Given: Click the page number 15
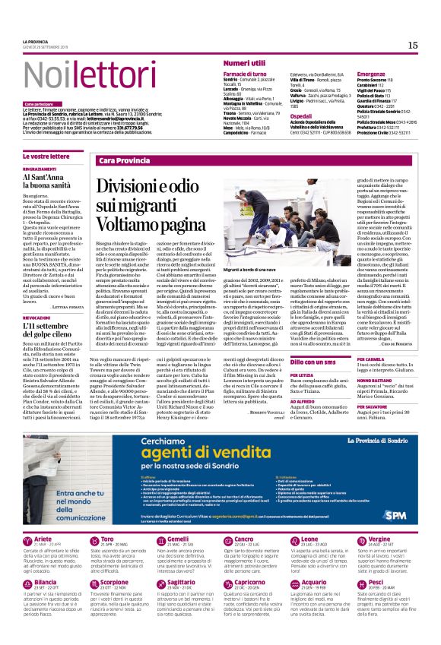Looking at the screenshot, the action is [x=412, y=46].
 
